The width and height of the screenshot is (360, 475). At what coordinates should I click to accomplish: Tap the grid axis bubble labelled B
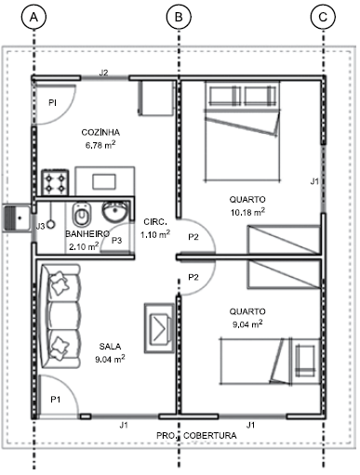click(x=179, y=17)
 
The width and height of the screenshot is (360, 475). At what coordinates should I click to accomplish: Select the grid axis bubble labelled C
click(x=323, y=17)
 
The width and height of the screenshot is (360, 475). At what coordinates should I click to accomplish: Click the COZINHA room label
click(x=100, y=132)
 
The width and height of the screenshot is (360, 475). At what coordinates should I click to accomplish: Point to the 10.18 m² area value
click(x=247, y=212)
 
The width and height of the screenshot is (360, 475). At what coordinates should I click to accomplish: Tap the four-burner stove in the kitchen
click(x=55, y=182)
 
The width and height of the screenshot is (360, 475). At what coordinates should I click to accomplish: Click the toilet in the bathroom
click(x=82, y=214)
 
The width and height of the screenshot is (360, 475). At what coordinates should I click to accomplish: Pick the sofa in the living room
click(x=60, y=316)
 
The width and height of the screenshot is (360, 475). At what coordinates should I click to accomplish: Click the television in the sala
click(x=160, y=328)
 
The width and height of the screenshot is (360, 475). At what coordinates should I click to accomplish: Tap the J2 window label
click(x=103, y=73)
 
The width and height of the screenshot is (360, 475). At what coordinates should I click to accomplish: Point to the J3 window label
click(x=40, y=227)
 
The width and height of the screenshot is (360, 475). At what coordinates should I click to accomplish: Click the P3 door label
click(x=116, y=240)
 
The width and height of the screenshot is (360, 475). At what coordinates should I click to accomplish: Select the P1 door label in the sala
click(x=56, y=400)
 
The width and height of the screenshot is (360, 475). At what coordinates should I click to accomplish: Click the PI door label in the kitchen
click(x=52, y=102)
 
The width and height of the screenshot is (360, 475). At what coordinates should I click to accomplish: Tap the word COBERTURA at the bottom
click(x=210, y=436)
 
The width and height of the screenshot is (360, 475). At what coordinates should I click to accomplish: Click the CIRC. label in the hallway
click(x=155, y=222)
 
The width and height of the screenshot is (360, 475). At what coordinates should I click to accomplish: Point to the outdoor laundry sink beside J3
click(x=16, y=218)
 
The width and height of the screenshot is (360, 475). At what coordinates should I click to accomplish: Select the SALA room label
click(x=110, y=346)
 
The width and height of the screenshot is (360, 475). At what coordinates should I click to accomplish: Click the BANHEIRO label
click(x=87, y=234)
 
